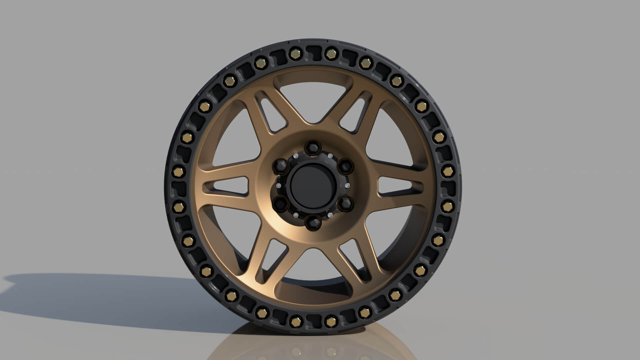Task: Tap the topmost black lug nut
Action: click(x=312, y=148)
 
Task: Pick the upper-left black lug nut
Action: click(x=280, y=165)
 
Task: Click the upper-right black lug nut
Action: click(x=343, y=166)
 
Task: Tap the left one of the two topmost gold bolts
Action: click(x=294, y=53)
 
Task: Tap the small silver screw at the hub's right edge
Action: click(x=347, y=185)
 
